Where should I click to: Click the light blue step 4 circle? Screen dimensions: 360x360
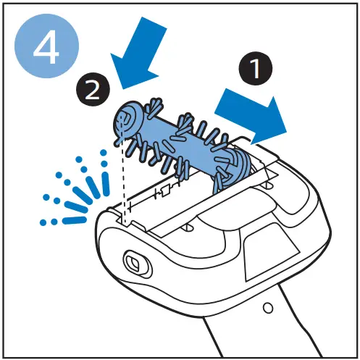click(x=46, y=46)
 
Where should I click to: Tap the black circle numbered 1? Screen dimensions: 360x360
click(x=256, y=68)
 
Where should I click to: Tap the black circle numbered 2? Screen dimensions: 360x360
click(x=93, y=90)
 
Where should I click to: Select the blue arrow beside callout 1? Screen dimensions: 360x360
click(x=251, y=117)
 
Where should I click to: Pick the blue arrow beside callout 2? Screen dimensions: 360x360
click(x=139, y=52)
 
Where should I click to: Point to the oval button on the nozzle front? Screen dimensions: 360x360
click(x=136, y=263)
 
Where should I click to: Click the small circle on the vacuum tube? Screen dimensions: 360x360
click(x=267, y=308)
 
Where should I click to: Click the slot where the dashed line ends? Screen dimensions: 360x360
click(x=124, y=219)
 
